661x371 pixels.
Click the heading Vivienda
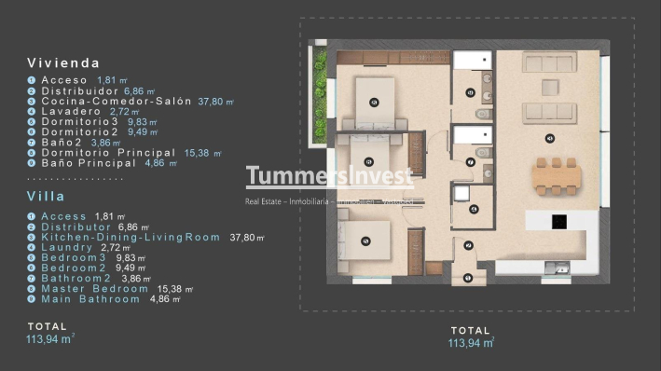click(63, 63)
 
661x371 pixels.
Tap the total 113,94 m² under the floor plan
click(471, 343)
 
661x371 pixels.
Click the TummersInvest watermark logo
click(329, 176)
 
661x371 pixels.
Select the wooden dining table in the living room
click(557, 175)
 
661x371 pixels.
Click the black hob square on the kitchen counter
click(559, 222)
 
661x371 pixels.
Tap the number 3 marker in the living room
click(550, 137)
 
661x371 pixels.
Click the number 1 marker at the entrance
click(468, 276)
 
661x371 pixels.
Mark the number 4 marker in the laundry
click(474, 209)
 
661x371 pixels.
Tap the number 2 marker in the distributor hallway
click(468, 245)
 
